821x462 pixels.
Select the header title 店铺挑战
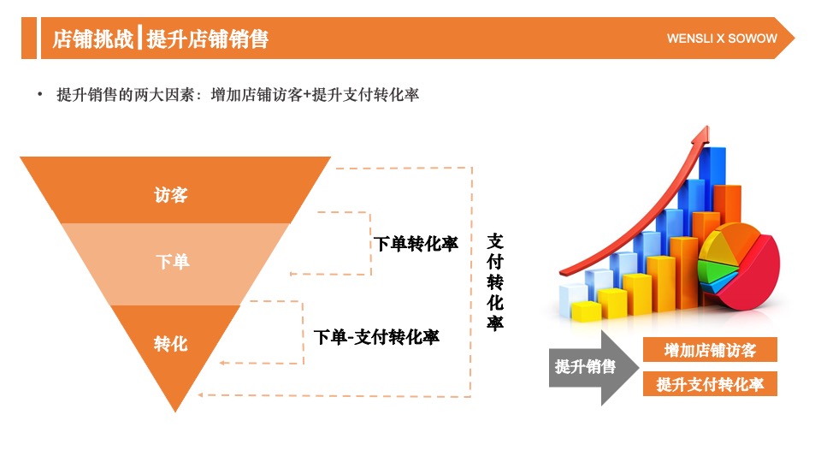(92, 39)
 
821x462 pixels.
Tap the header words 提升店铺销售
(207, 39)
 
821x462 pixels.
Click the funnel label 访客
(171, 195)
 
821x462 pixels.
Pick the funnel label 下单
(172, 262)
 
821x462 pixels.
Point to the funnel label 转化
(171, 344)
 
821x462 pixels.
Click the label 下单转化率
(416, 244)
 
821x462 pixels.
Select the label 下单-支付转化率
(376, 337)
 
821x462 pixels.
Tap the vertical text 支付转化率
(495, 281)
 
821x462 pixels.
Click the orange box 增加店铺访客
(710, 350)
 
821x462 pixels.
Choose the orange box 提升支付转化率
(710, 384)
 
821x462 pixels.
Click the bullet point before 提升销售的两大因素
(39, 95)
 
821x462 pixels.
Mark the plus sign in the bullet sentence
(307, 95)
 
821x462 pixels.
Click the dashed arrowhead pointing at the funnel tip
(202, 395)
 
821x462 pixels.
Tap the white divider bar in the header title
(139, 39)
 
